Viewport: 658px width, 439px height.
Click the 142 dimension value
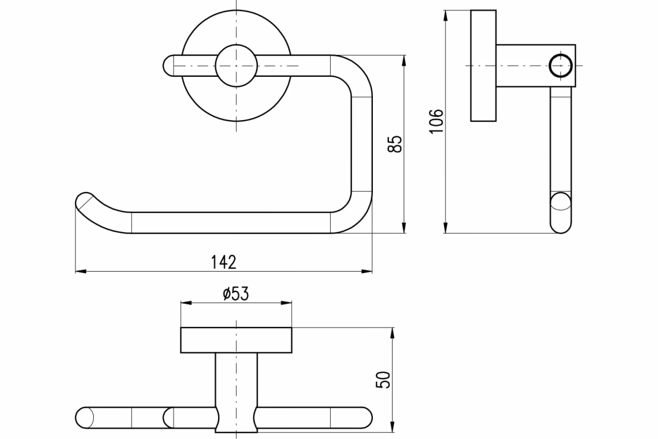(224, 262)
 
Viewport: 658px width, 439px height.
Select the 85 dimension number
(394, 144)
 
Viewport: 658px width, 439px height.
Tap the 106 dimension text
(436, 121)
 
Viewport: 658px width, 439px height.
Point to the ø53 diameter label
(236, 294)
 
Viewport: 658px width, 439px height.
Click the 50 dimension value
(383, 380)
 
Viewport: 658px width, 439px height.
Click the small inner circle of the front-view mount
(236, 65)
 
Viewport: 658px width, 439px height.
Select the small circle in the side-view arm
(561, 65)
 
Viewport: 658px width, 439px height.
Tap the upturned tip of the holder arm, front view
(84, 200)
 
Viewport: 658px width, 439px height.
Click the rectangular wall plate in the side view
(484, 65)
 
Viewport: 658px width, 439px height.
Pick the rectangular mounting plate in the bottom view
(236, 340)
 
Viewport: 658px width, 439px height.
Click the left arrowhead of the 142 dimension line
(81, 272)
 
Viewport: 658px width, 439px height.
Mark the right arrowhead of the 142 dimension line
(367, 272)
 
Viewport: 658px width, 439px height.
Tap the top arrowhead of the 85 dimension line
(404, 60)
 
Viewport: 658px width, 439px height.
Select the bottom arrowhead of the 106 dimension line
(446, 228)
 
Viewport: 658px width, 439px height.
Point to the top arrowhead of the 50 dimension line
(393, 333)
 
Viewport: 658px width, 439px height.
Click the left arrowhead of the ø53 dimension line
(186, 303)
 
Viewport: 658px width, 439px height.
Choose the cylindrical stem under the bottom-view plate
(236, 392)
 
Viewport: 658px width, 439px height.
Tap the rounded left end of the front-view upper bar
(168, 65)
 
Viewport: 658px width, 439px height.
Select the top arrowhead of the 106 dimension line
(446, 15)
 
